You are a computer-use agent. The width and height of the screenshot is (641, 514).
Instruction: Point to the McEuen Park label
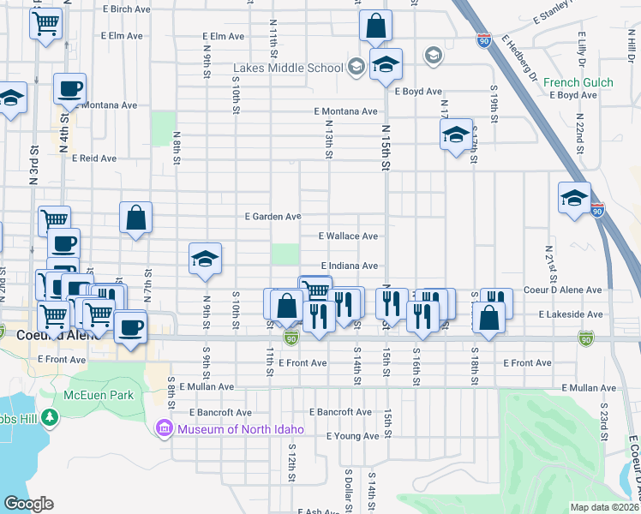[x=99, y=396]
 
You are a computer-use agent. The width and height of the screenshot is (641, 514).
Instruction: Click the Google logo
[x=28, y=504]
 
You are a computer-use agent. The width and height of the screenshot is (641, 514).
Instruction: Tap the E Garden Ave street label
[x=273, y=217]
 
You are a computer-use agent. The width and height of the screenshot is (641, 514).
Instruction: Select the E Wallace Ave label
[x=348, y=236]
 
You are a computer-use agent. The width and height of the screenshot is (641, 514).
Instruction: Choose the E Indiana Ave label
[x=350, y=266]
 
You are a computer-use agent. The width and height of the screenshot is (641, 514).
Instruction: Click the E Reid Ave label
[x=93, y=158]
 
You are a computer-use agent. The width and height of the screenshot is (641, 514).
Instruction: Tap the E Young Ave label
[x=352, y=436]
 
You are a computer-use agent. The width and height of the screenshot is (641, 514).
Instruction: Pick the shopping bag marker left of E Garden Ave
[x=136, y=218]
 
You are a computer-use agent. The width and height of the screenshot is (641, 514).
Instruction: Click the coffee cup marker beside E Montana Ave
[x=69, y=89]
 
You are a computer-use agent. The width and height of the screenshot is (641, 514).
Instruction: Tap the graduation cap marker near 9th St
[x=205, y=260]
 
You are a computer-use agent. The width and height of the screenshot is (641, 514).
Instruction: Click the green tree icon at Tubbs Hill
[x=51, y=417]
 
